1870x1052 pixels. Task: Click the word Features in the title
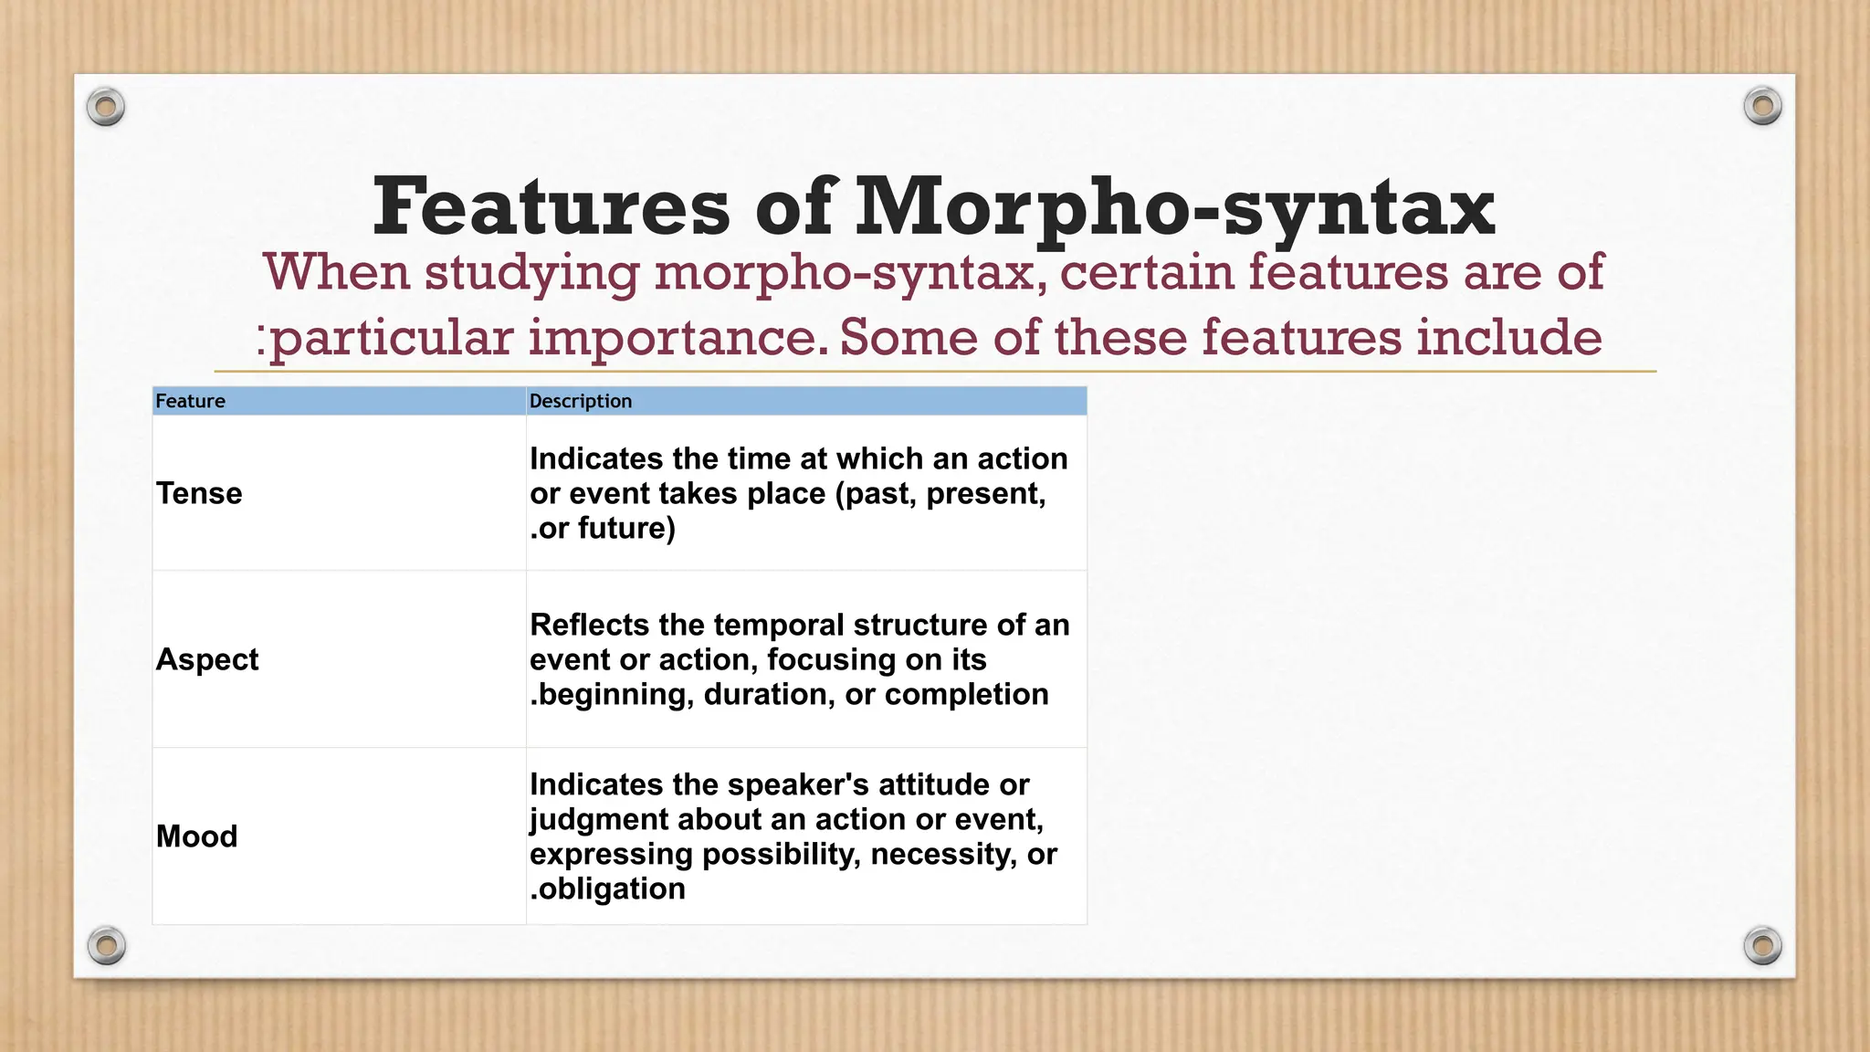(551, 207)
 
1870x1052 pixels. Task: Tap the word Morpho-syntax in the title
(1174, 207)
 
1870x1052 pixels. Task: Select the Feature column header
(190, 401)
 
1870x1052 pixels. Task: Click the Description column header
(581, 401)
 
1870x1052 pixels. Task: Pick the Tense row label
(199, 493)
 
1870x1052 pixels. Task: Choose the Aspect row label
(207, 659)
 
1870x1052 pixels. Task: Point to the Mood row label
(196, 836)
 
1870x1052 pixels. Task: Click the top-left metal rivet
(106, 108)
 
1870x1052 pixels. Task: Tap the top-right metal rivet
(1762, 107)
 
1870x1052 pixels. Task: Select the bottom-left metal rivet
(107, 945)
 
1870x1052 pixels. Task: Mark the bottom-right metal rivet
(1762, 945)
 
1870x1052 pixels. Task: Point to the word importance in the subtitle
(678, 338)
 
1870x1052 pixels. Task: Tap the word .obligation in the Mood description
(607, 889)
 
